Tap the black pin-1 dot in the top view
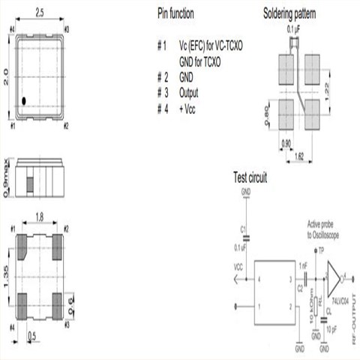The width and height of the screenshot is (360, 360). point(24,100)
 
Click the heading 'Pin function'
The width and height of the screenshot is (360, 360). point(176,13)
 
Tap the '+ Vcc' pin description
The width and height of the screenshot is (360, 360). point(188,109)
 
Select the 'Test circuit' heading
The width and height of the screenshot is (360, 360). point(250,178)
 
